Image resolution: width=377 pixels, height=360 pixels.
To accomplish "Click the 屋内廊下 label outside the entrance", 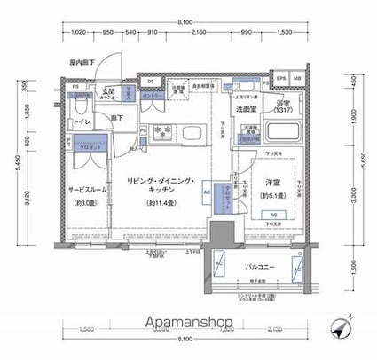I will click(x=82, y=63).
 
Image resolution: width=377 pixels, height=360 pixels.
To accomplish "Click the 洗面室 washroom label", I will click(x=246, y=109).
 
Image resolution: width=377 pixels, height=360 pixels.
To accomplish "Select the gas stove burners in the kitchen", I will click(x=162, y=134).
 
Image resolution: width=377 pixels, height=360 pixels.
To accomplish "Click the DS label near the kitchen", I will click(x=151, y=83).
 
